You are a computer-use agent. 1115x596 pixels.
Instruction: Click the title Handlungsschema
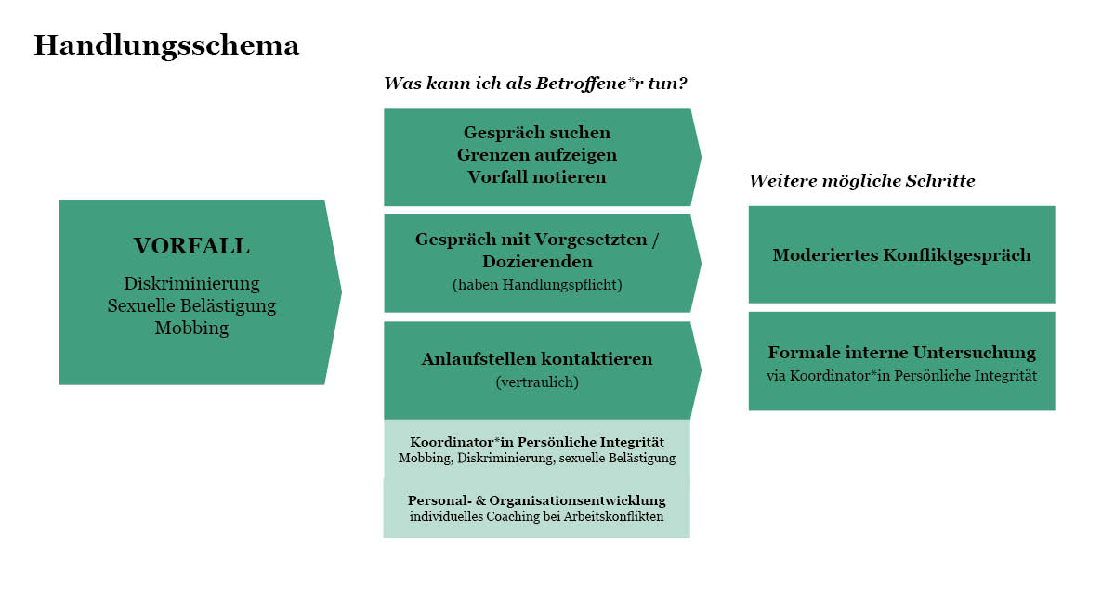(x=166, y=46)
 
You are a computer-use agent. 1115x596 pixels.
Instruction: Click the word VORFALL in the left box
(x=191, y=246)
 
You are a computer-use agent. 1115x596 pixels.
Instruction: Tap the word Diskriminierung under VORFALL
(x=191, y=283)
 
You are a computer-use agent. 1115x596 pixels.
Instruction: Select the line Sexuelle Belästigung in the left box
(x=191, y=305)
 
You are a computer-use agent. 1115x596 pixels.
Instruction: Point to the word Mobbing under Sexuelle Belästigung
(x=191, y=328)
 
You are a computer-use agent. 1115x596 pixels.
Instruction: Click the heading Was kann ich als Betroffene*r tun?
(x=535, y=83)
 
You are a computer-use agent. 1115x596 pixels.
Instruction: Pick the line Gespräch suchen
(x=537, y=133)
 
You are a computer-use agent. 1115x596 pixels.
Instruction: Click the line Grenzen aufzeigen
(x=537, y=155)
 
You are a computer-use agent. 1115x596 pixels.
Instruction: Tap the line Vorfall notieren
(x=537, y=177)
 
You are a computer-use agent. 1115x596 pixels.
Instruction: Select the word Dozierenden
(x=537, y=262)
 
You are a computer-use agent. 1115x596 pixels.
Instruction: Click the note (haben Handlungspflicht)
(x=537, y=285)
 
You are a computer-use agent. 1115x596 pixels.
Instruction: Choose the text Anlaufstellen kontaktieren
(x=537, y=358)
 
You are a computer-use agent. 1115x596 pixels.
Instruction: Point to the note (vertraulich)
(x=537, y=382)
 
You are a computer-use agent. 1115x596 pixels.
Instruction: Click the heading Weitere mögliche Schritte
(x=861, y=181)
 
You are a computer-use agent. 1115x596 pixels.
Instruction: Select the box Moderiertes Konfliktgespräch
(x=901, y=254)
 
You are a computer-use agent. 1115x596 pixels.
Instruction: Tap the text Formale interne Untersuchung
(x=901, y=352)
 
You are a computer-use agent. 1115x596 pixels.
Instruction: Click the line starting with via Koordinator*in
(x=901, y=376)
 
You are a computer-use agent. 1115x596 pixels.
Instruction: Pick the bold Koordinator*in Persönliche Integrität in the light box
(x=537, y=442)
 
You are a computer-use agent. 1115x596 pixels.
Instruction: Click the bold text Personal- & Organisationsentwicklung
(x=537, y=500)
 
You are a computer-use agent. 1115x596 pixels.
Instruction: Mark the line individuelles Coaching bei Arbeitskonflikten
(x=537, y=516)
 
